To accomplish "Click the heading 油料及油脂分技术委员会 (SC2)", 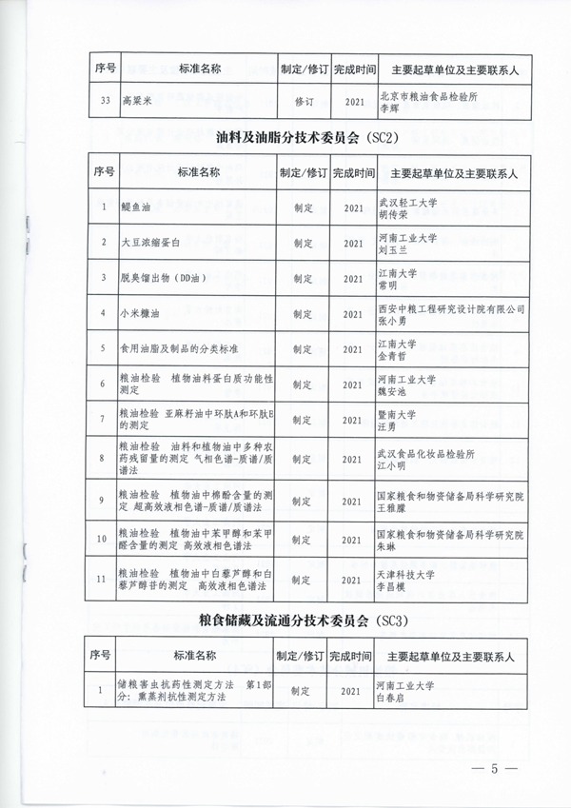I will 306,137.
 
